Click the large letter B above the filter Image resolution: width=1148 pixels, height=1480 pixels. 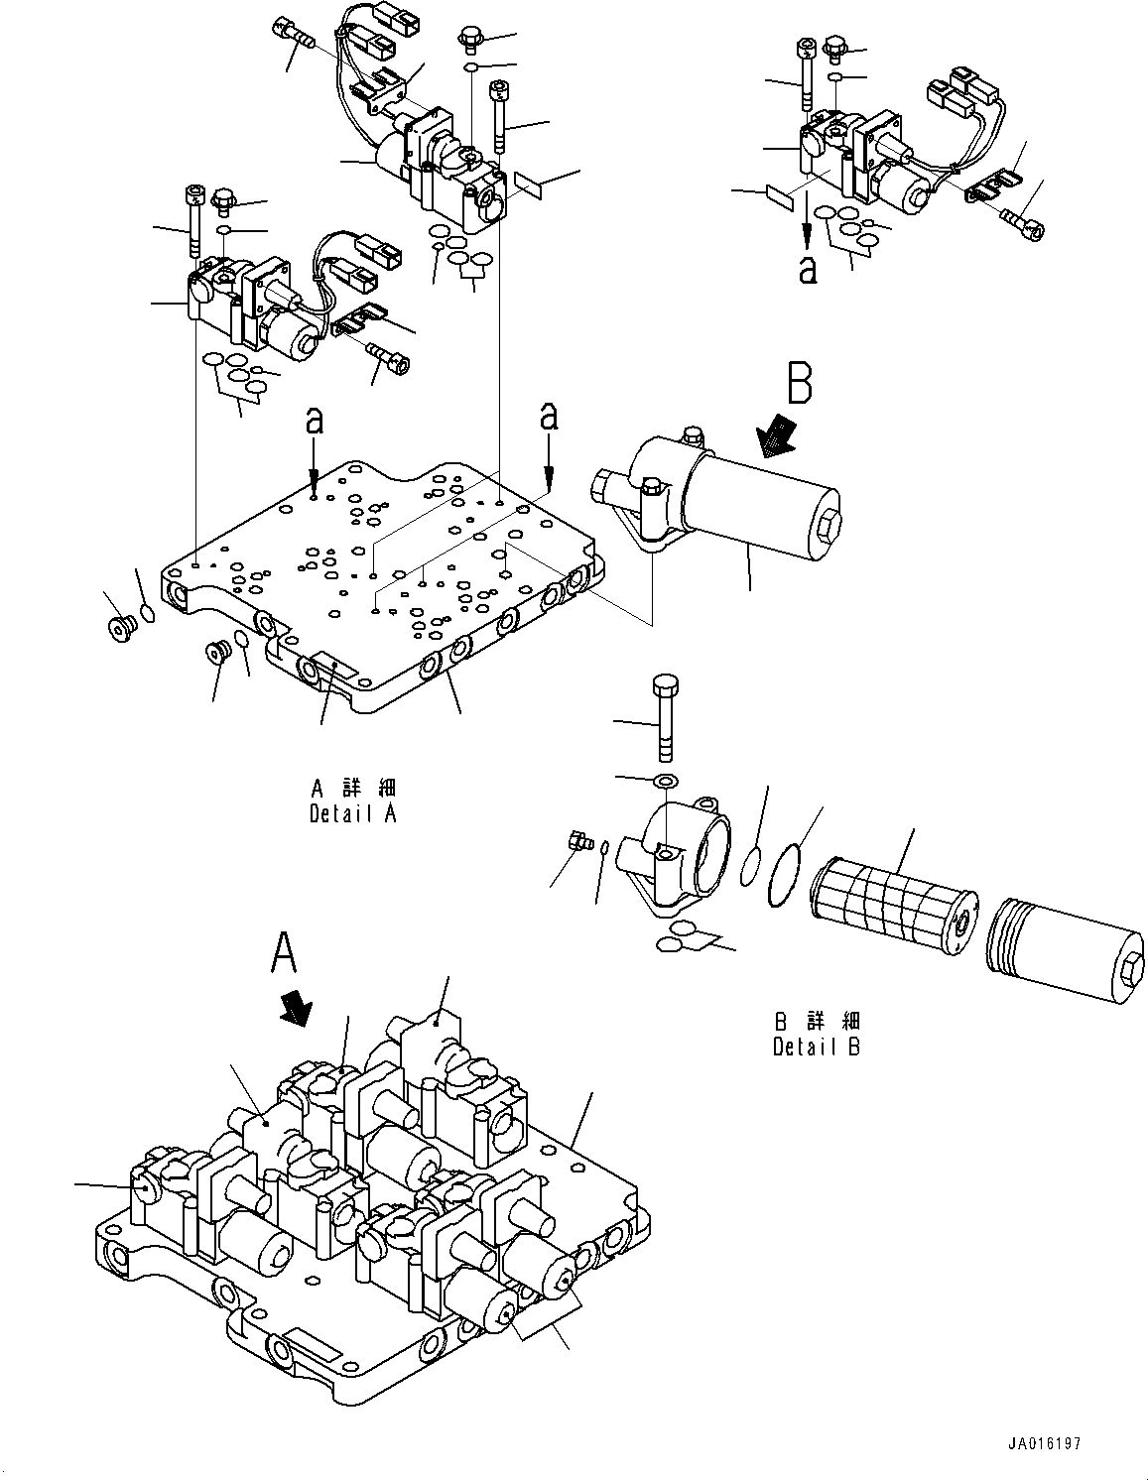click(x=800, y=384)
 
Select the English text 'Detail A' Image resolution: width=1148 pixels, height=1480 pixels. click(x=353, y=814)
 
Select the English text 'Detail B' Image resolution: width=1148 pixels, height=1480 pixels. click(x=816, y=1047)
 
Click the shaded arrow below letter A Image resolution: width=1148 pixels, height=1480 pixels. click(x=296, y=1010)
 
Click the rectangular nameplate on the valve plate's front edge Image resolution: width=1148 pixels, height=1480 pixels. click(x=327, y=667)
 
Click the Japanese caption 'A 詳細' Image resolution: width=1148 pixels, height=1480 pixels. click(x=353, y=789)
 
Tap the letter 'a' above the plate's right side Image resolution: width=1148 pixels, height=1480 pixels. click(x=548, y=417)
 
